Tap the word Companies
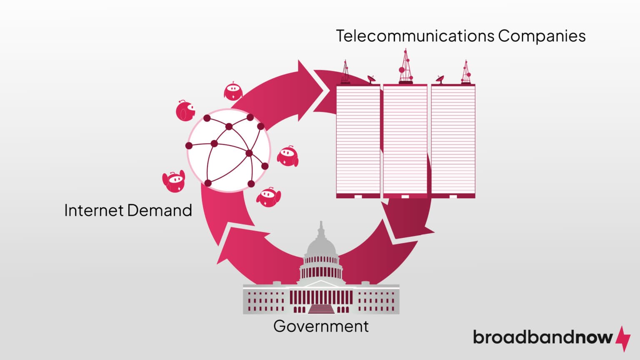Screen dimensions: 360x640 (542, 36)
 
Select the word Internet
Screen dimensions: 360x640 (94, 210)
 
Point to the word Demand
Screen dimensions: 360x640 (160, 210)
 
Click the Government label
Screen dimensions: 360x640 (321, 326)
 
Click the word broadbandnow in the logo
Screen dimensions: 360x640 (542, 337)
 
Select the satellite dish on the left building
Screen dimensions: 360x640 (371, 79)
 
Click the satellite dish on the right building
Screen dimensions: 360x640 (440, 79)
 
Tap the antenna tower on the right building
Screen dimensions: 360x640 (466, 72)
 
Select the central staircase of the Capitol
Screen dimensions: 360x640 (321, 308)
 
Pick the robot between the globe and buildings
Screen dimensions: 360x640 (287, 156)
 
